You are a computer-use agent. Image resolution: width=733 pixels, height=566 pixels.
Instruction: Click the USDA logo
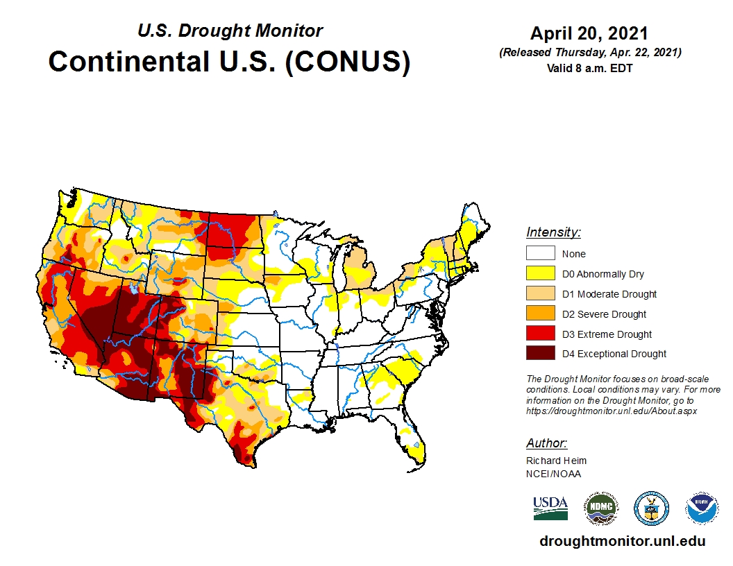pyautogui.click(x=550, y=508)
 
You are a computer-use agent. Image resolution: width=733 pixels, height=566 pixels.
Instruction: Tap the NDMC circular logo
pyautogui.click(x=600, y=508)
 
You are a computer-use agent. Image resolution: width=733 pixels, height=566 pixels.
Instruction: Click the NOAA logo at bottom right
pyautogui.click(x=702, y=508)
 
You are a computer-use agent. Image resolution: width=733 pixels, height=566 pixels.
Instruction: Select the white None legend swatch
pyautogui.click(x=540, y=254)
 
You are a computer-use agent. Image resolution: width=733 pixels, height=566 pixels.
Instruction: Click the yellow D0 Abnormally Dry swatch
pyautogui.click(x=540, y=274)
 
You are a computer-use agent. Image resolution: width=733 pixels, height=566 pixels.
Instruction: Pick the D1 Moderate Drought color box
pyautogui.click(x=540, y=294)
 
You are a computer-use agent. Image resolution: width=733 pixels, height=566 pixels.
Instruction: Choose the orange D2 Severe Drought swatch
pyautogui.click(x=540, y=314)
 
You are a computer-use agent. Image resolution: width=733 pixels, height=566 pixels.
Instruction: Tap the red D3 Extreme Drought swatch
pyautogui.click(x=540, y=334)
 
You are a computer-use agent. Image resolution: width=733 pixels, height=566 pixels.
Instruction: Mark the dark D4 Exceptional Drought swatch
pyautogui.click(x=540, y=354)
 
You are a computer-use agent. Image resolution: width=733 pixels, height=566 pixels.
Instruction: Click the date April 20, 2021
pyautogui.click(x=589, y=33)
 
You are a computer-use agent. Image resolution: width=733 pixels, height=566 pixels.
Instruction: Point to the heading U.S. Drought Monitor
pyautogui.click(x=230, y=31)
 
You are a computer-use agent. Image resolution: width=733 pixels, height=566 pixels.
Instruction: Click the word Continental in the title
pyautogui.click(x=129, y=61)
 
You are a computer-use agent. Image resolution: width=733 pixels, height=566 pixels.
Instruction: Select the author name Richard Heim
pyautogui.click(x=556, y=461)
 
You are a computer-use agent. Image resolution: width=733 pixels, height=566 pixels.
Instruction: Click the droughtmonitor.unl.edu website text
pyautogui.click(x=622, y=542)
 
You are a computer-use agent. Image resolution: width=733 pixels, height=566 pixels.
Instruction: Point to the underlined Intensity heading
pyautogui.click(x=553, y=232)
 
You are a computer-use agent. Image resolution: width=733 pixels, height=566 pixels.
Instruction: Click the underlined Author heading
pyautogui.click(x=546, y=443)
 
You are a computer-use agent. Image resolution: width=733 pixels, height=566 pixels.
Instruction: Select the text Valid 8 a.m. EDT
pyautogui.click(x=589, y=68)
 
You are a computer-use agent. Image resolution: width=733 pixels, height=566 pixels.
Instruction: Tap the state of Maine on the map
pyautogui.click(x=474, y=222)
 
